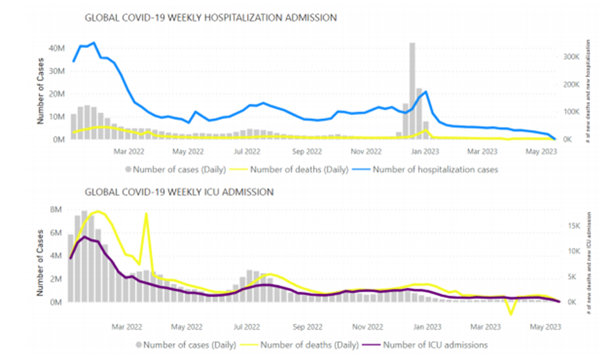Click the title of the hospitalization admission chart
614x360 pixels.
tap(211, 18)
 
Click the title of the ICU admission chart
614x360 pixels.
tap(179, 192)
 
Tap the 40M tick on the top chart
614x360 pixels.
tap(57, 48)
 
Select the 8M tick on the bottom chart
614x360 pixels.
tap(55, 210)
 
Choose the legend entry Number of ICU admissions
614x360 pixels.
tap(435, 344)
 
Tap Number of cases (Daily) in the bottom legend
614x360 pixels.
tap(185, 344)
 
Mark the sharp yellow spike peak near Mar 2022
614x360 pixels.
tap(146, 213)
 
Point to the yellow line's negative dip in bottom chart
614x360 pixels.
tap(511, 314)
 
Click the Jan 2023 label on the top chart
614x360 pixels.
tap(426, 153)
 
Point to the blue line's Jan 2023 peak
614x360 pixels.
tap(426, 92)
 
